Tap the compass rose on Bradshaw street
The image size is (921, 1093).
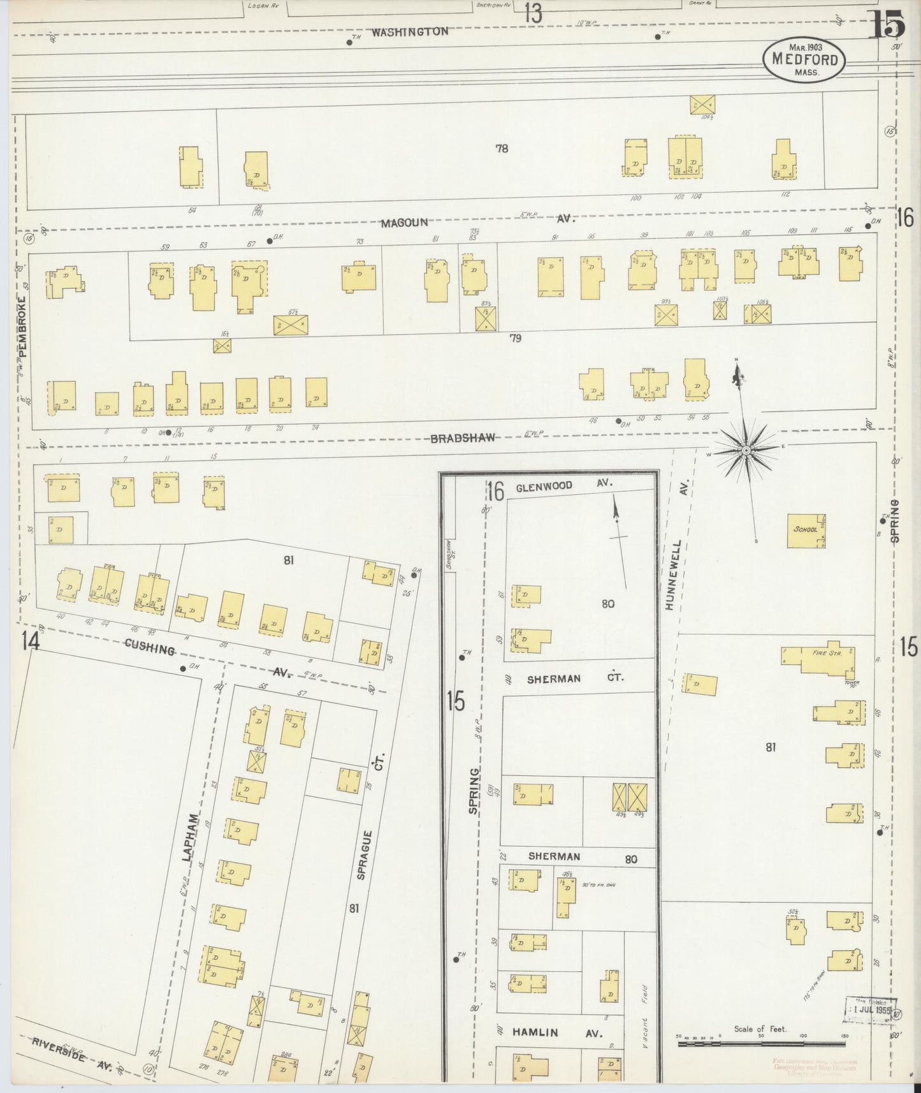coord(744,451)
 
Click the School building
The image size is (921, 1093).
coord(806,531)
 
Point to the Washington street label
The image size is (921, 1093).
coord(410,31)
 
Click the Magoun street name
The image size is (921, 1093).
coord(404,223)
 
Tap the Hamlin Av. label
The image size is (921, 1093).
coord(548,1033)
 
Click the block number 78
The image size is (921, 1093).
coord(502,149)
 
